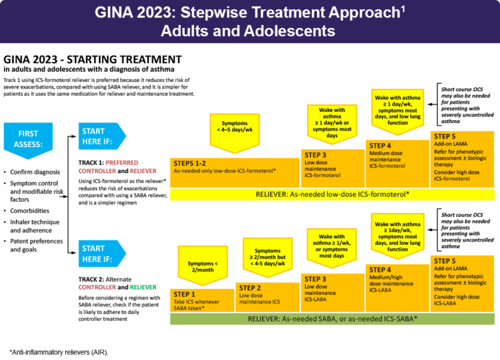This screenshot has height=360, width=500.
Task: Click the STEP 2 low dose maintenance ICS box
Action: pos(267,297)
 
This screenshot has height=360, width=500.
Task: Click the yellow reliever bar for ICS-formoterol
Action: pos(332,194)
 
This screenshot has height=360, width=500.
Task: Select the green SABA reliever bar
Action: pos(332,320)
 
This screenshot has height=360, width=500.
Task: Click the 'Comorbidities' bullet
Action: pos(31,211)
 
